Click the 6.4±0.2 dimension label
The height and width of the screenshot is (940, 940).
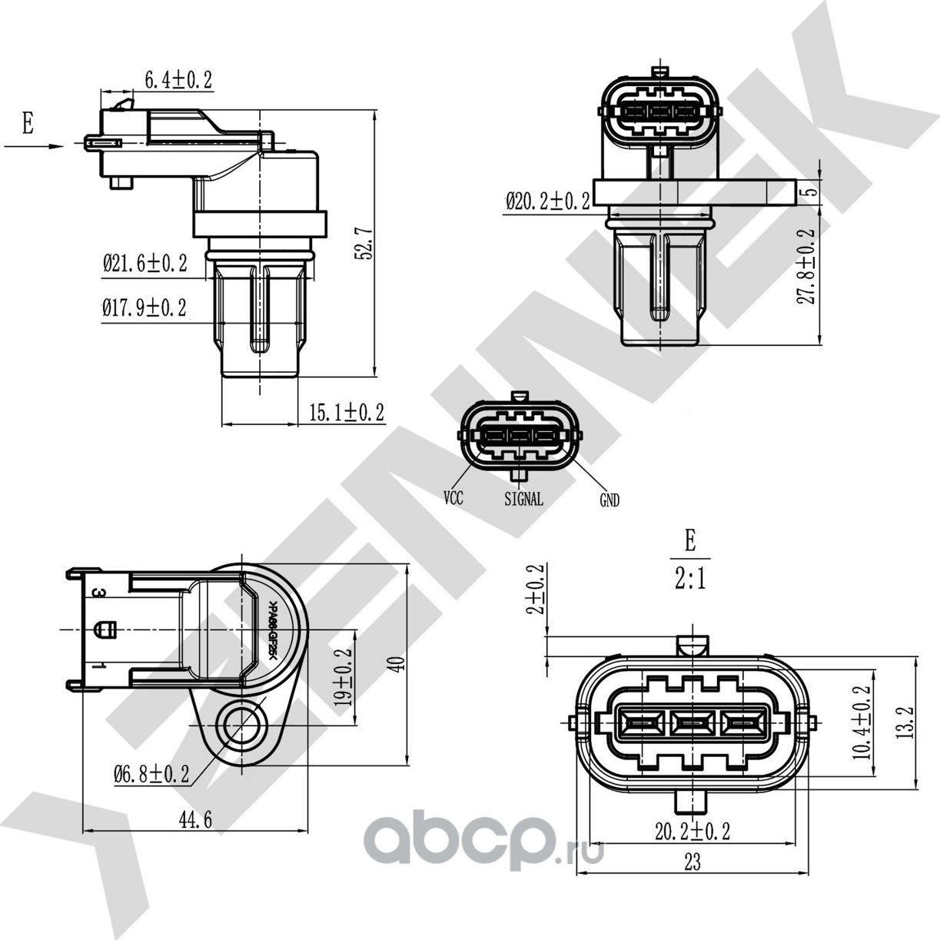pos(178,79)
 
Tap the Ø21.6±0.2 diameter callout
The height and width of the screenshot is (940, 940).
pos(145,264)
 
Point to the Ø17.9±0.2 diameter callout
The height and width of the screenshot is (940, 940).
pos(144,308)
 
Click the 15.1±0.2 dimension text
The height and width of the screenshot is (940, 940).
pos(346,413)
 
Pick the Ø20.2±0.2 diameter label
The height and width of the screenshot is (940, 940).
pos(547,201)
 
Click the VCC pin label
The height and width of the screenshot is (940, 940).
pos(453,498)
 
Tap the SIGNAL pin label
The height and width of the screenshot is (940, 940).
pos(523,499)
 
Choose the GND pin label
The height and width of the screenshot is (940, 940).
pos(609,500)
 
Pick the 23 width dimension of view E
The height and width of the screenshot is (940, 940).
pos(692,863)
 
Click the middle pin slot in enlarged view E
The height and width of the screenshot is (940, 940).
pos(693,723)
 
